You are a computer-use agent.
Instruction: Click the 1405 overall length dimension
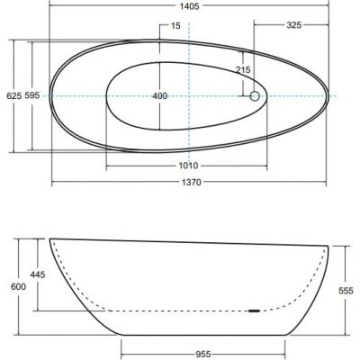coord(189,6)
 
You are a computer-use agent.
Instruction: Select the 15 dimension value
coord(175,25)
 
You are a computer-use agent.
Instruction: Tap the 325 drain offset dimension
coord(293,25)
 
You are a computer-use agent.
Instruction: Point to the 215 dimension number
coord(243,70)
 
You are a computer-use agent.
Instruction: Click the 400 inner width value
coord(159,96)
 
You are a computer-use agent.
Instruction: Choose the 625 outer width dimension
coord(14,95)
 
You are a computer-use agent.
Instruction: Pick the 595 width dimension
coord(32,95)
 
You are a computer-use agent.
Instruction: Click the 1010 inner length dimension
coord(188,166)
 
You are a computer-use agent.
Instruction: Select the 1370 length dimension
coord(191,182)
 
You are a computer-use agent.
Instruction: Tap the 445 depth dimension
coord(38,274)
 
